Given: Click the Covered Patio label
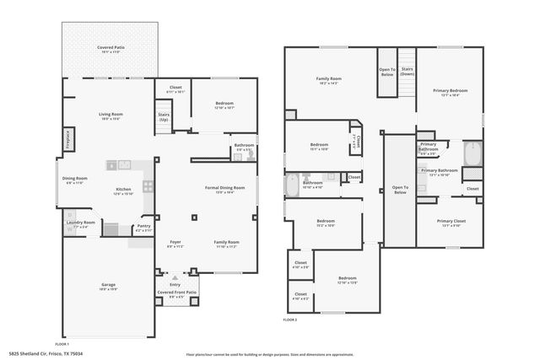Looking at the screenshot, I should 106,48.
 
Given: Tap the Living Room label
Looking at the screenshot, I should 111,115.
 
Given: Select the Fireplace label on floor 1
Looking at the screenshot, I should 67,138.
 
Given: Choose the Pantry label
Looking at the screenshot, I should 143,226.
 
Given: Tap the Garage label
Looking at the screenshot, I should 109,285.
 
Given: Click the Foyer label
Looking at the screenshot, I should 175,243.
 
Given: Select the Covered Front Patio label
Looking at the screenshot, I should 176,293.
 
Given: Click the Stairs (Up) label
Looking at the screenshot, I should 164,118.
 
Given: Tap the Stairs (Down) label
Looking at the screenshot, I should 408,72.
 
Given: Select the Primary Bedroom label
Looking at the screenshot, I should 450,90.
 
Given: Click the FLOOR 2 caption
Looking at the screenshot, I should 290,320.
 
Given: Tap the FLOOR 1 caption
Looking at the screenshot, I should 62,344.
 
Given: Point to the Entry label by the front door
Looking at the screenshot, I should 175,283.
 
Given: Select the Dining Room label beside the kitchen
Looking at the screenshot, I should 74,179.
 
